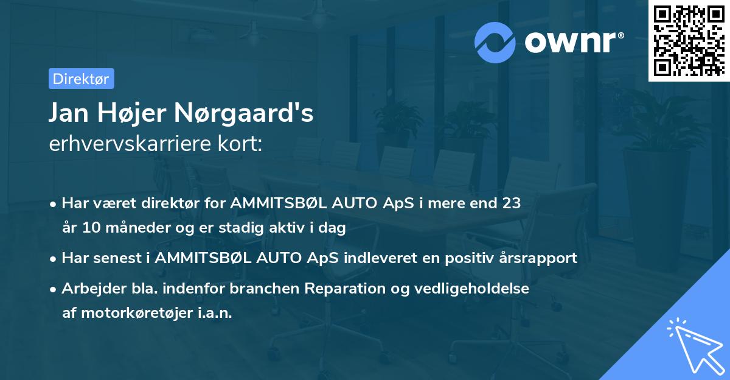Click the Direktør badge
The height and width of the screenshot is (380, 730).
coord(81,79)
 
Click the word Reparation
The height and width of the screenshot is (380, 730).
coord(345,288)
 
